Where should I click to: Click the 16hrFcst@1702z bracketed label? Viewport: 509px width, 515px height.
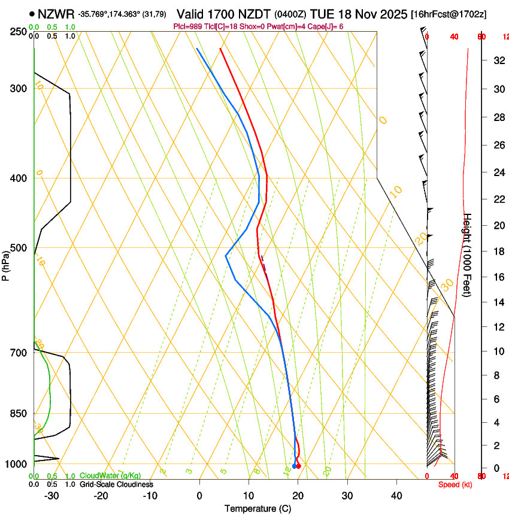456,13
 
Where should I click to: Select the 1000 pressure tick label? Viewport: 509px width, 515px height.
17,464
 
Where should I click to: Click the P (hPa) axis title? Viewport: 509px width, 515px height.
5,263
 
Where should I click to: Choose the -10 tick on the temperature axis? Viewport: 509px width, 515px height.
150,496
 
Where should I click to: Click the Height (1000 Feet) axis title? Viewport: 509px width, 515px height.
468,255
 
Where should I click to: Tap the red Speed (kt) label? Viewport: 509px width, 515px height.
455,484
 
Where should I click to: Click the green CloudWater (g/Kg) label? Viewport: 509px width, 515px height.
110,475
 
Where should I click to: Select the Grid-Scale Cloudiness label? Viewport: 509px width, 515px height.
116,484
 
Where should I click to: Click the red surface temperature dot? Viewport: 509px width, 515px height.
299,466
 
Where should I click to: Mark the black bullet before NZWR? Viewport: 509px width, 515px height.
32,13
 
